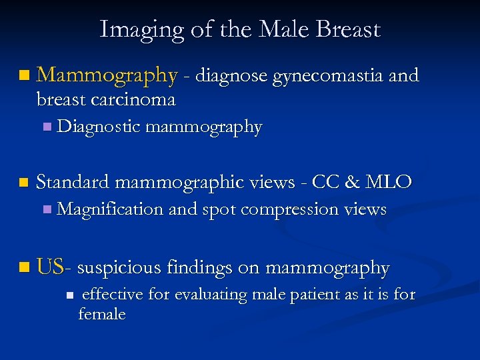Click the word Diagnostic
[x=99, y=127]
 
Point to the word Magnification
[x=110, y=209]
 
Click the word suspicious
[x=119, y=268]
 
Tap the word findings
[x=202, y=268]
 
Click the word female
[x=101, y=313]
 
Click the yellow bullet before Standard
[x=25, y=182]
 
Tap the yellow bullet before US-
[x=25, y=269]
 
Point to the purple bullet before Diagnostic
[x=46, y=127]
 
